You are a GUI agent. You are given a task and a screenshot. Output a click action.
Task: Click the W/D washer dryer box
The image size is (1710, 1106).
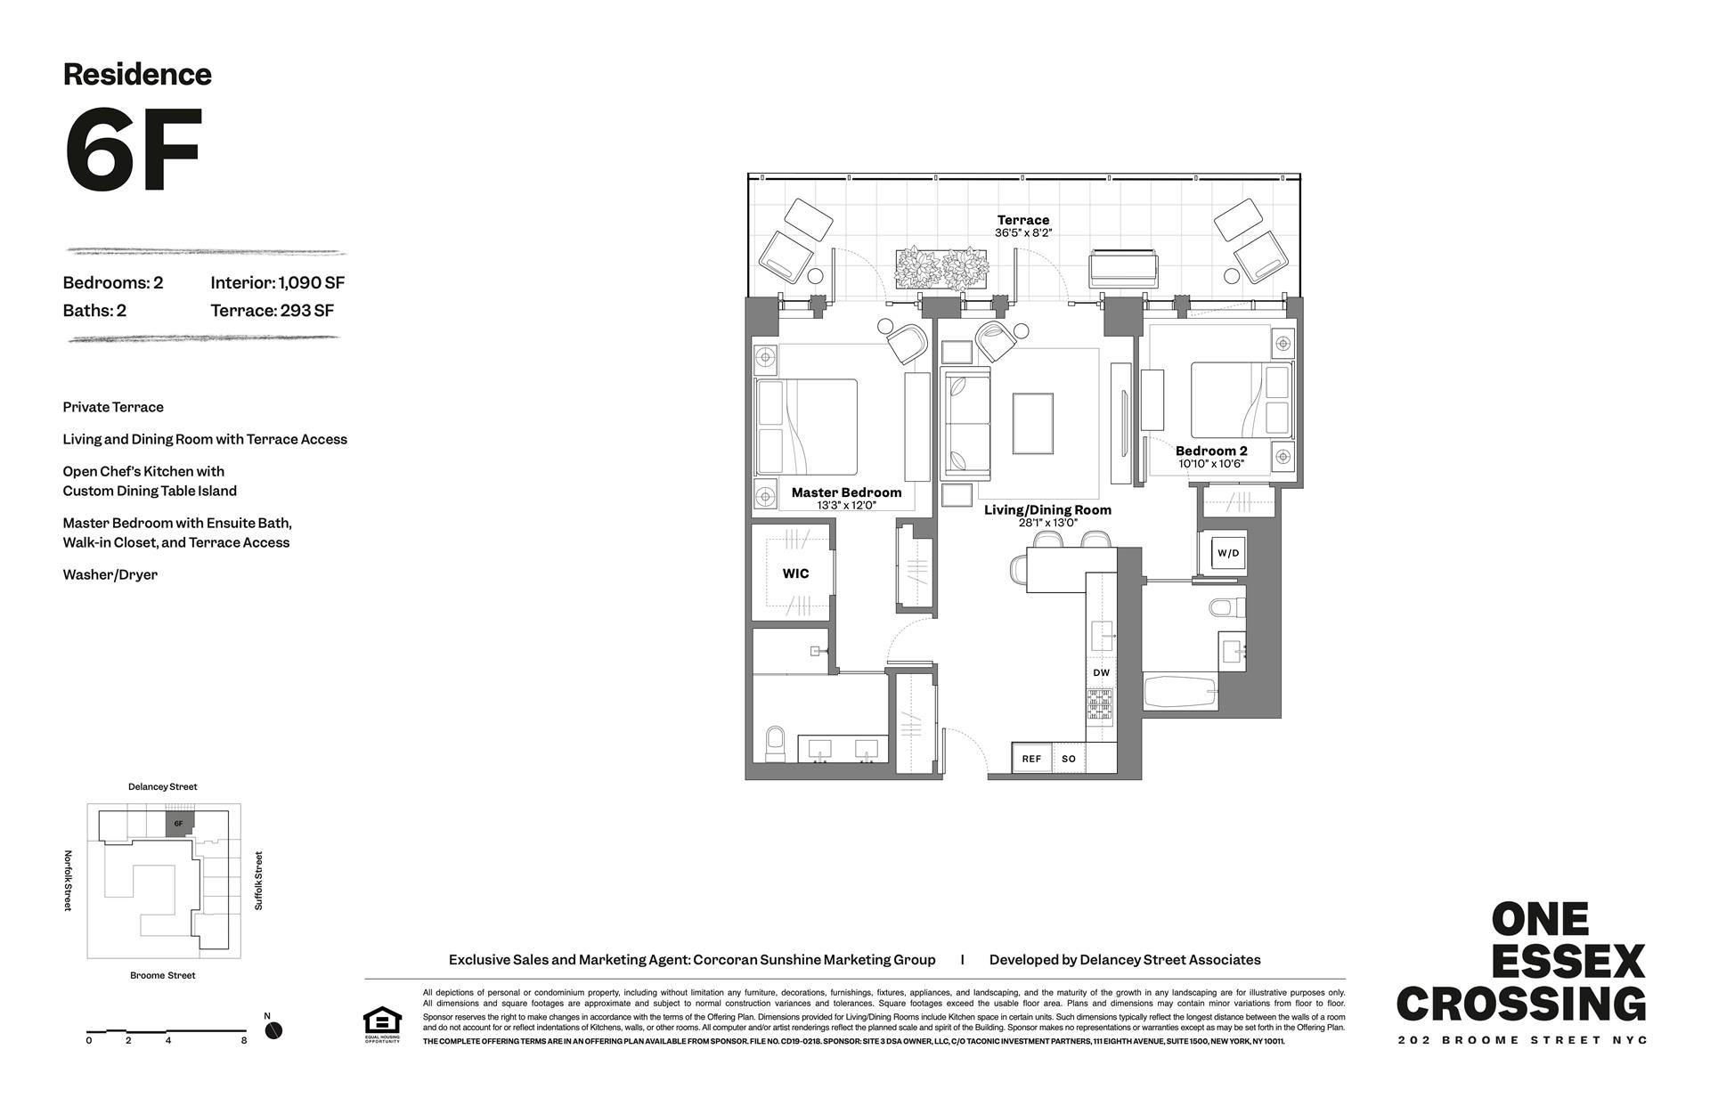pyautogui.click(x=1227, y=553)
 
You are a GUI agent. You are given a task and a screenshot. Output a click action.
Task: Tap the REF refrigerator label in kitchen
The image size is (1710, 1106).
pyautogui.click(x=1031, y=759)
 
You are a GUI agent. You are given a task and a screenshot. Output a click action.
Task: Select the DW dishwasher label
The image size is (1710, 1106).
pyautogui.click(x=1101, y=673)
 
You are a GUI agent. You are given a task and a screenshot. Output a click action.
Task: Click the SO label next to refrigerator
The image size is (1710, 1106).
pyautogui.click(x=1069, y=759)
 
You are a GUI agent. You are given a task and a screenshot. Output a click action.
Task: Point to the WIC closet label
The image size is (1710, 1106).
pyautogui.click(x=795, y=573)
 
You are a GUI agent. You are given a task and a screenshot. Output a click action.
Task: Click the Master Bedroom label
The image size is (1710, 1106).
pyautogui.click(x=846, y=492)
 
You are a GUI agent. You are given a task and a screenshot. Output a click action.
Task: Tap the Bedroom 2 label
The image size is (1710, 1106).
pyautogui.click(x=1210, y=451)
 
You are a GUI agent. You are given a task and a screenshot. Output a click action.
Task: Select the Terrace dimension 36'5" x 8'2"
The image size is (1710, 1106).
pyautogui.click(x=1023, y=233)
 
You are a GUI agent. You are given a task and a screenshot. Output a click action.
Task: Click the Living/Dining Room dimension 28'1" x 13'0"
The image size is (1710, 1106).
pyautogui.click(x=1047, y=523)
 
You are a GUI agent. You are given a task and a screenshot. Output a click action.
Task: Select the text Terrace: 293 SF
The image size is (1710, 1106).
pyautogui.click(x=272, y=311)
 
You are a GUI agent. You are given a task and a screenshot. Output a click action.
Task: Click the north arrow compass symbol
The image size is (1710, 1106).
pyautogui.click(x=273, y=1030)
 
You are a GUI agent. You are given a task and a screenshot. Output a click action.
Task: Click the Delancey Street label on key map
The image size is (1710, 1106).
pyautogui.click(x=162, y=787)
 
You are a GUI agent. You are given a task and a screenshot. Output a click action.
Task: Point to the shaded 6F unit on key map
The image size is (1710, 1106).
pyautogui.click(x=179, y=823)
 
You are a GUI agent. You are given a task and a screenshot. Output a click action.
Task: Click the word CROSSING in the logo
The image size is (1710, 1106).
pyautogui.click(x=1520, y=1004)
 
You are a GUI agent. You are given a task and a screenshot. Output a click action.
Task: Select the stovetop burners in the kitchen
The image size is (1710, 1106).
pyautogui.click(x=1100, y=704)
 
